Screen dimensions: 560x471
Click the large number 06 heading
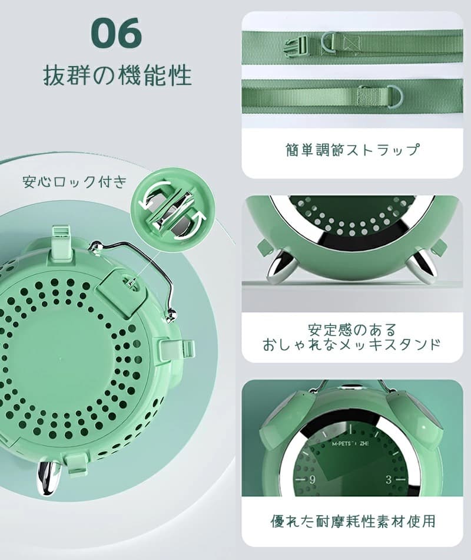[117, 34]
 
